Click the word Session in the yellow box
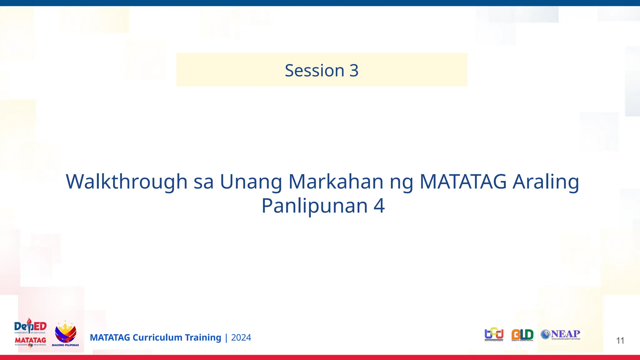314,70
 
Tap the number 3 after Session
354,70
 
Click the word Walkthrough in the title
126,182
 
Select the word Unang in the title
251,182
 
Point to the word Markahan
336,182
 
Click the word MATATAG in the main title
463,182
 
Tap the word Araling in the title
546,182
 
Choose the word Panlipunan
314,206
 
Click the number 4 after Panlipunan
379,206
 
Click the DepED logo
30,327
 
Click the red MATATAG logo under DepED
30,340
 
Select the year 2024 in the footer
241,337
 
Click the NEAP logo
561,334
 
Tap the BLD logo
522,335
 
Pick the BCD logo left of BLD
494,334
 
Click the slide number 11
620,341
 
